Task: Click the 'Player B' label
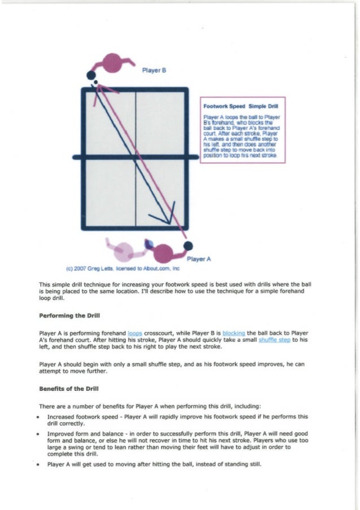[x=153, y=71]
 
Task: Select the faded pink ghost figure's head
[x=124, y=250]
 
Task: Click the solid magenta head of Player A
[x=164, y=252]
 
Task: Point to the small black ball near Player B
[x=95, y=83]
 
